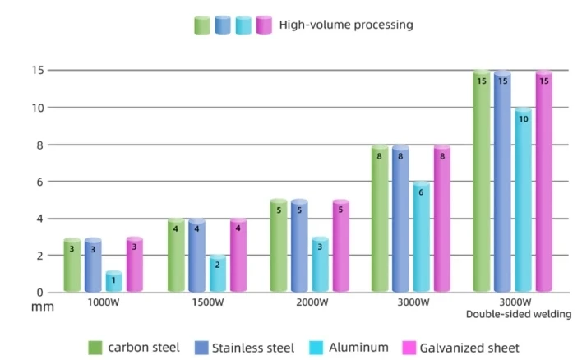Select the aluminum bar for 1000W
pyautogui.click(x=114, y=281)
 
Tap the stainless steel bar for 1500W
pyautogui.click(x=196, y=256)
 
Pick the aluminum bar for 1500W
pyautogui.click(x=218, y=274)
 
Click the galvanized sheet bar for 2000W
pyautogui.click(x=341, y=247)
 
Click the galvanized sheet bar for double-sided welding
pyautogui.click(x=543, y=181)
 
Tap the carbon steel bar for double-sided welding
pyautogui.click(x=481, y=181)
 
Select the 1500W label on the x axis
pyautogui.click(x=207, y=302)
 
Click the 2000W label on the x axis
pyautogui.click(x=311, y=302)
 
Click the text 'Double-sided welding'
pyautogui.click(x=518, y=314)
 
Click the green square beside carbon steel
pyautogui.click(x=95, y=348)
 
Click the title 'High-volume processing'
pyautogui.click(x=345, y=25)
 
